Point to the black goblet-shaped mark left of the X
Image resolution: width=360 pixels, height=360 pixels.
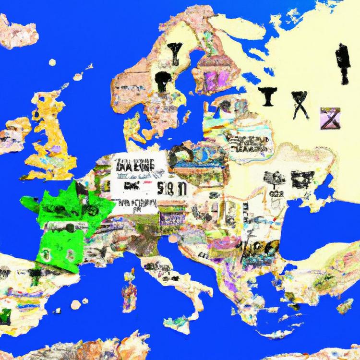click(267, 96)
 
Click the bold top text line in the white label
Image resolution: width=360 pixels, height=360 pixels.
click(134, 166)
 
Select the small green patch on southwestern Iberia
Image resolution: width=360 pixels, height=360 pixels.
click(5, 315)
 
